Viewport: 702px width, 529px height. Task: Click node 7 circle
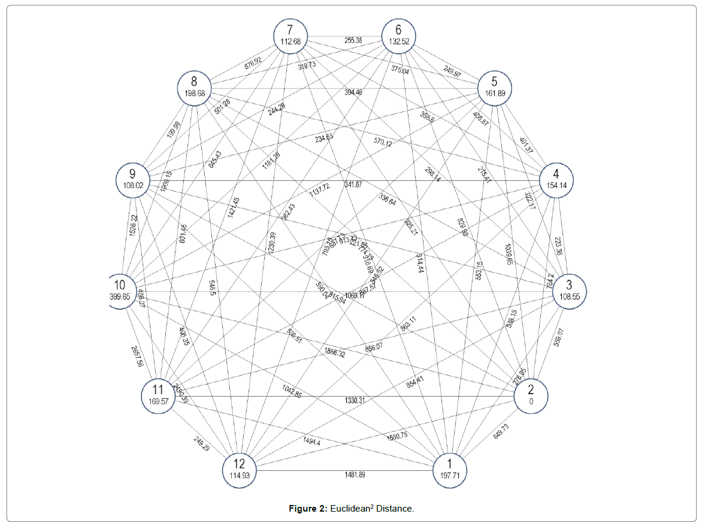point(291,35)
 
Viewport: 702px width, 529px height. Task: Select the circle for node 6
point(398,35)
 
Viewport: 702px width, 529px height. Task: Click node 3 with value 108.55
point(569,291)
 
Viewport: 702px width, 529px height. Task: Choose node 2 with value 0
point(531,396)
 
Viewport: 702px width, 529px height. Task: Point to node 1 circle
point(449,468)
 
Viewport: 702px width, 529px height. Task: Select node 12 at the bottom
point(240,468)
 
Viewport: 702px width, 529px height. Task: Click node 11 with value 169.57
point(159,396)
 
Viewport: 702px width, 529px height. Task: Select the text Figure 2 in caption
point(307,509)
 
